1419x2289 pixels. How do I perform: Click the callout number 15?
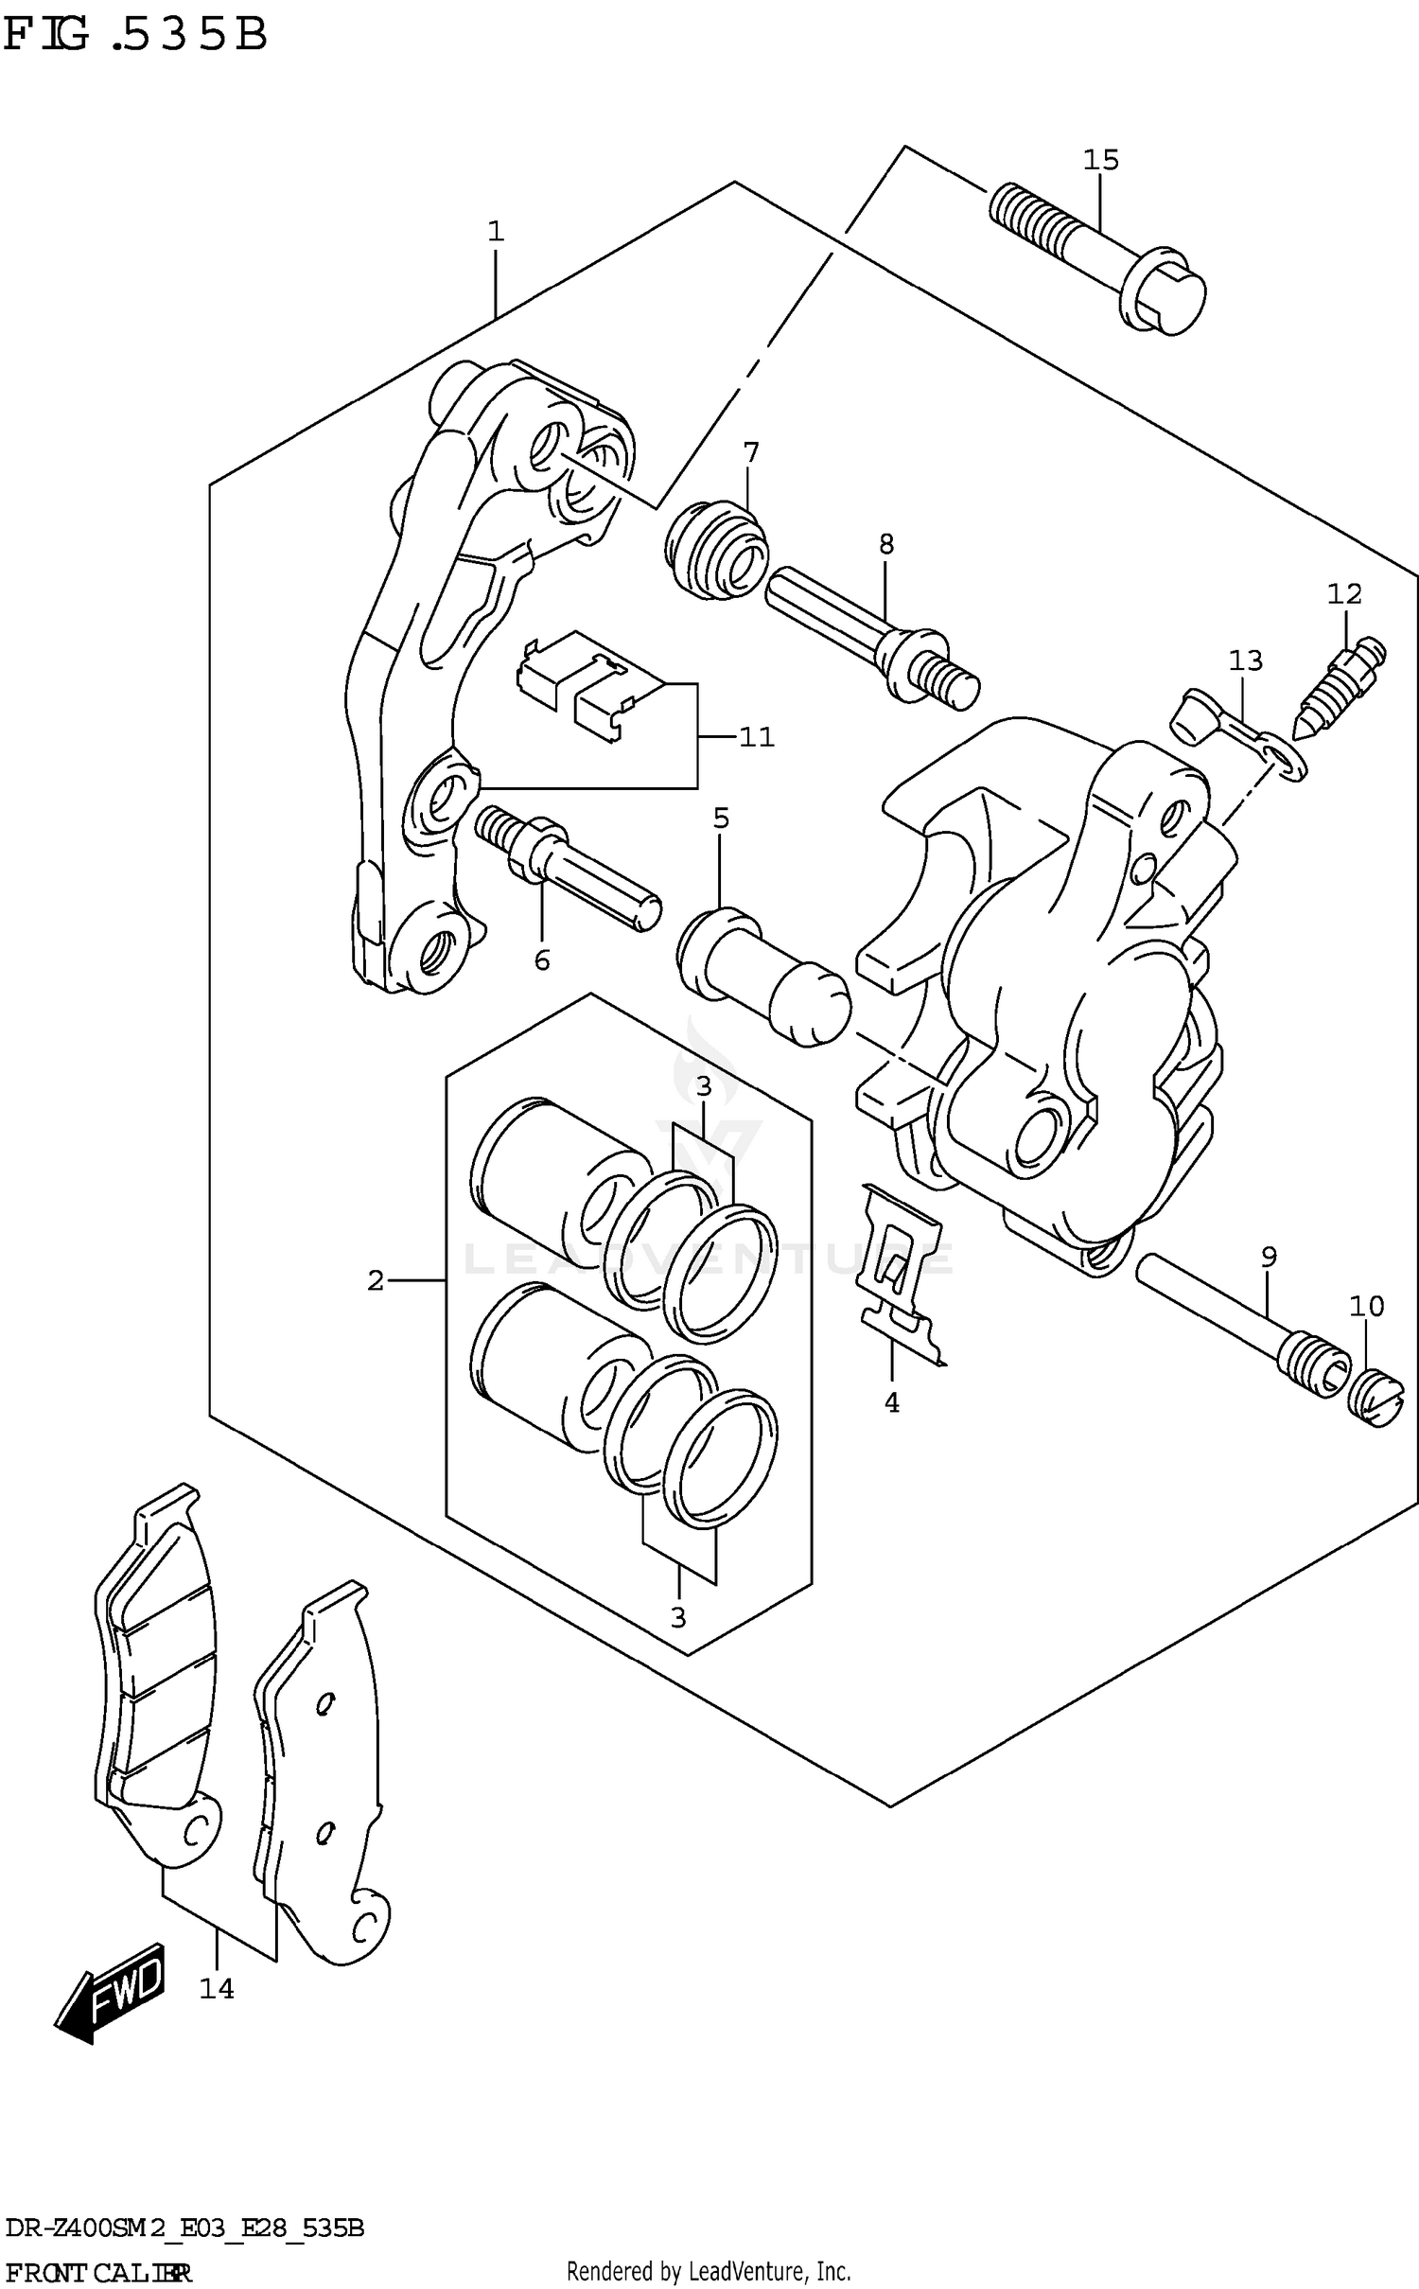tap(1100, 160)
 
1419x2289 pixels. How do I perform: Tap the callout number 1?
tap(495, 231)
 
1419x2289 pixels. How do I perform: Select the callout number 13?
tap(1246, 660)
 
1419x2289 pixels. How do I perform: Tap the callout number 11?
tap(756, 736)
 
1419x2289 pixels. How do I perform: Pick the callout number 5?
tap(721, 818)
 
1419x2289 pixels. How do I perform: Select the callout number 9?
tap(1269, 1257)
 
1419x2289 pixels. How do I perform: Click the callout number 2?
tap(375, 1281)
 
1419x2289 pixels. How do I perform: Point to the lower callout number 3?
tap(677, 1617)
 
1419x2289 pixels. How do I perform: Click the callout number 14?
tap(216, 1988)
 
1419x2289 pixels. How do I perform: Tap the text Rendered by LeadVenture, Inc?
tap(708, 2270)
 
